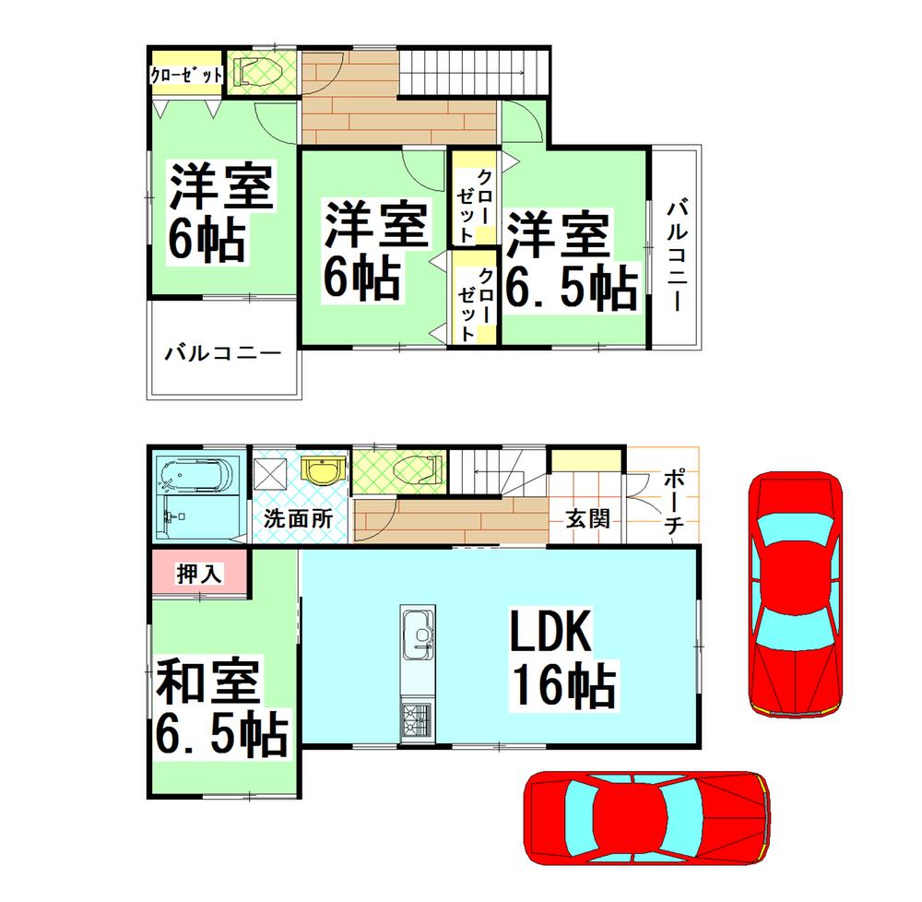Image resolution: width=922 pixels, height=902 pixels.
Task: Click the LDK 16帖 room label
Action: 560,663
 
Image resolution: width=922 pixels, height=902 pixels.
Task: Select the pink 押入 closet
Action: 199,574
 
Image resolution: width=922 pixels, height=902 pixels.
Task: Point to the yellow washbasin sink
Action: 321,472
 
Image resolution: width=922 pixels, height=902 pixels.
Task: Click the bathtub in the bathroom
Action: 195,478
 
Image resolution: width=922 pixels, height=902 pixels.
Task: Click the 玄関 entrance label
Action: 587,518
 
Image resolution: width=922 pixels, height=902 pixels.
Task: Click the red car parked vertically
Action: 796,595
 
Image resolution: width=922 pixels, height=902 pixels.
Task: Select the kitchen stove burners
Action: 417,718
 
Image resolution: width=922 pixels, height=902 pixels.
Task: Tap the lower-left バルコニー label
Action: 222,353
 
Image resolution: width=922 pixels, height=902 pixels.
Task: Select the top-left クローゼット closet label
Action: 187,75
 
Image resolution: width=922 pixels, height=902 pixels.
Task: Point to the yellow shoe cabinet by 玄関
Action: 587,460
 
